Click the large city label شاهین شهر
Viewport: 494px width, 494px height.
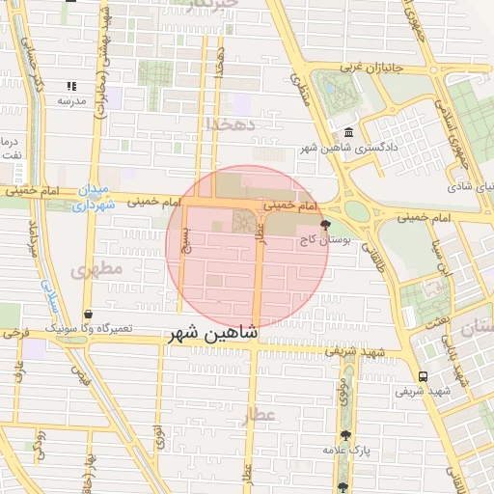(x=213, y=334)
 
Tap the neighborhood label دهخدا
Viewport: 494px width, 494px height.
(x=229, y=124)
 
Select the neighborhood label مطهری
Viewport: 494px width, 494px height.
(x=97, y=269)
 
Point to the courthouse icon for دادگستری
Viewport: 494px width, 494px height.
(x=348, y=133)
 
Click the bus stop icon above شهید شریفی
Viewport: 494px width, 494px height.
(x=423, y=376)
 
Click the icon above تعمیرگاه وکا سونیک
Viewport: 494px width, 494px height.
(x=89, y=315)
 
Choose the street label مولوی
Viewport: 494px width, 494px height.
(x=343, y=391)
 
